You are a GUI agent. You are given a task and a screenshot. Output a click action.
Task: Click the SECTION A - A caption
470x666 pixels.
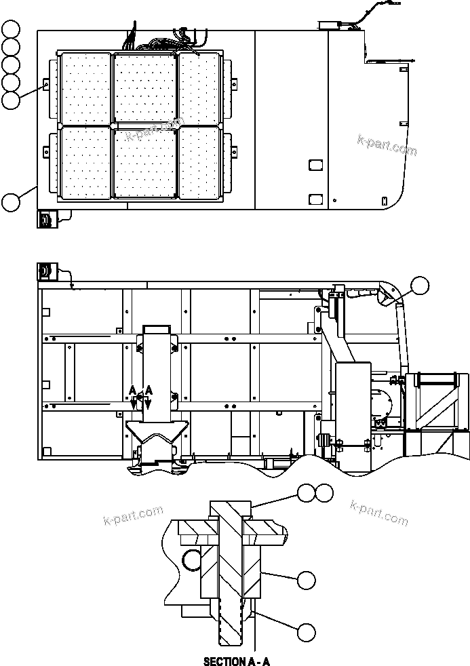click(237, 661)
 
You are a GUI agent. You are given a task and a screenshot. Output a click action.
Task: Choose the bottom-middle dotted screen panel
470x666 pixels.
click(144, 163)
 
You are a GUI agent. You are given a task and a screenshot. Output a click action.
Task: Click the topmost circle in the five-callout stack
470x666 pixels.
click(11, 28)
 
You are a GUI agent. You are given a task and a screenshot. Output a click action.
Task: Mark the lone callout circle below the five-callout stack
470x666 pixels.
click(11, 201)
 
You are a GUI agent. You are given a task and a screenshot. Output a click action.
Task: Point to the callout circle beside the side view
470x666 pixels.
click(420, 286)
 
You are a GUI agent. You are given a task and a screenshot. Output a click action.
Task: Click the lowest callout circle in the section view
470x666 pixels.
click(306, 632)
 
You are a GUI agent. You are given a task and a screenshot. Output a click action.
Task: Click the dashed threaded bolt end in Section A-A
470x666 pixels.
click(229, 627)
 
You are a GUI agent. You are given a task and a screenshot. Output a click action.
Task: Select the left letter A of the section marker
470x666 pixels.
click(133, 390)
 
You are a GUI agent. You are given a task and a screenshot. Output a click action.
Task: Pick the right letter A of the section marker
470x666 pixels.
click(149, 390)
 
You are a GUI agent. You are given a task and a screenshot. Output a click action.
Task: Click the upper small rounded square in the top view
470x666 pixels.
click(315, 165)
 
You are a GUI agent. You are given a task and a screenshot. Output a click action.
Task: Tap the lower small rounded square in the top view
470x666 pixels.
click(315, 199)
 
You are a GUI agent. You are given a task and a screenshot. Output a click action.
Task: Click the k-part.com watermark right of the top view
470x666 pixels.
click(387, 145)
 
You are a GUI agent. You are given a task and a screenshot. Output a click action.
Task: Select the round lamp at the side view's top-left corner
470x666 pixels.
click(45, 271)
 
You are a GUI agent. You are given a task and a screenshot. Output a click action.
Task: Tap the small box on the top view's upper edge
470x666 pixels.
click(330, 26)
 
